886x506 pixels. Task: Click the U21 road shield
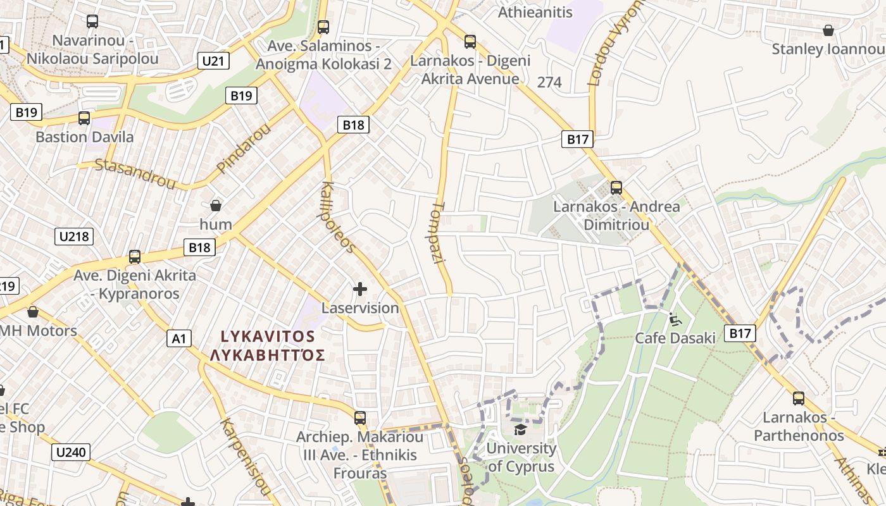[x=213, y=61]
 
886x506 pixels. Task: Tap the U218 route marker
[x=75, y=237]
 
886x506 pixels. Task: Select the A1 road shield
[x=179, y=339]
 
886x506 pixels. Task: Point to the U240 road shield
[x=71, y=452]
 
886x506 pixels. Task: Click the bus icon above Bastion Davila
[x=84, y=118]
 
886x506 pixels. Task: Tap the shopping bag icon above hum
[x=216, y=206]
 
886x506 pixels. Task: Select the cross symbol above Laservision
[x=360, y=290]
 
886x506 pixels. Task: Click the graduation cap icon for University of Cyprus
[x=520, y=430]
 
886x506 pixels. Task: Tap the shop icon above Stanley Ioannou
[x=828, y=30]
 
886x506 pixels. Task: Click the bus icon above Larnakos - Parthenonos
[x=799, y=398]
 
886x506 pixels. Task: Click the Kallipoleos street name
[x=339, y=218]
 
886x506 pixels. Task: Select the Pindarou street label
[x=243, y=149]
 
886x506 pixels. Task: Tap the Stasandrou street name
[x=135, y=173]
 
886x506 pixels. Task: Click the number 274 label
[x=549, y=82]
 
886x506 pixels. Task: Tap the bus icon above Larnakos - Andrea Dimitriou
[x=616, y=188]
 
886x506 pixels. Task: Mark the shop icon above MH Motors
[x=33, y=312]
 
